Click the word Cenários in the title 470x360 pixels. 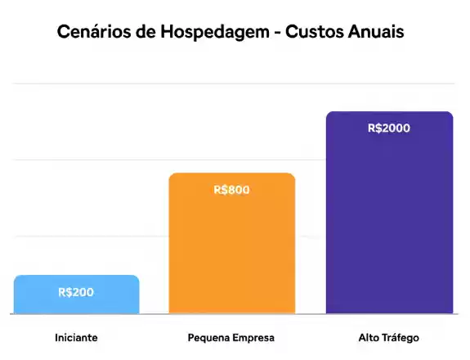click(93, 33)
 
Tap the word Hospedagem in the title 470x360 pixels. click(211, 33)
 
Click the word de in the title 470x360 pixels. click(144, 33)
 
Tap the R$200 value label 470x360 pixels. click(76, 292)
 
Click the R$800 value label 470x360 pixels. click(231, 190)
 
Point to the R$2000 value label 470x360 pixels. click(389, 128)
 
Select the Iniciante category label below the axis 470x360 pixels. click(76, 337)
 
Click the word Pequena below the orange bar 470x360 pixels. click(210, 337)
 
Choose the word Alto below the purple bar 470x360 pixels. click(369, 337)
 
